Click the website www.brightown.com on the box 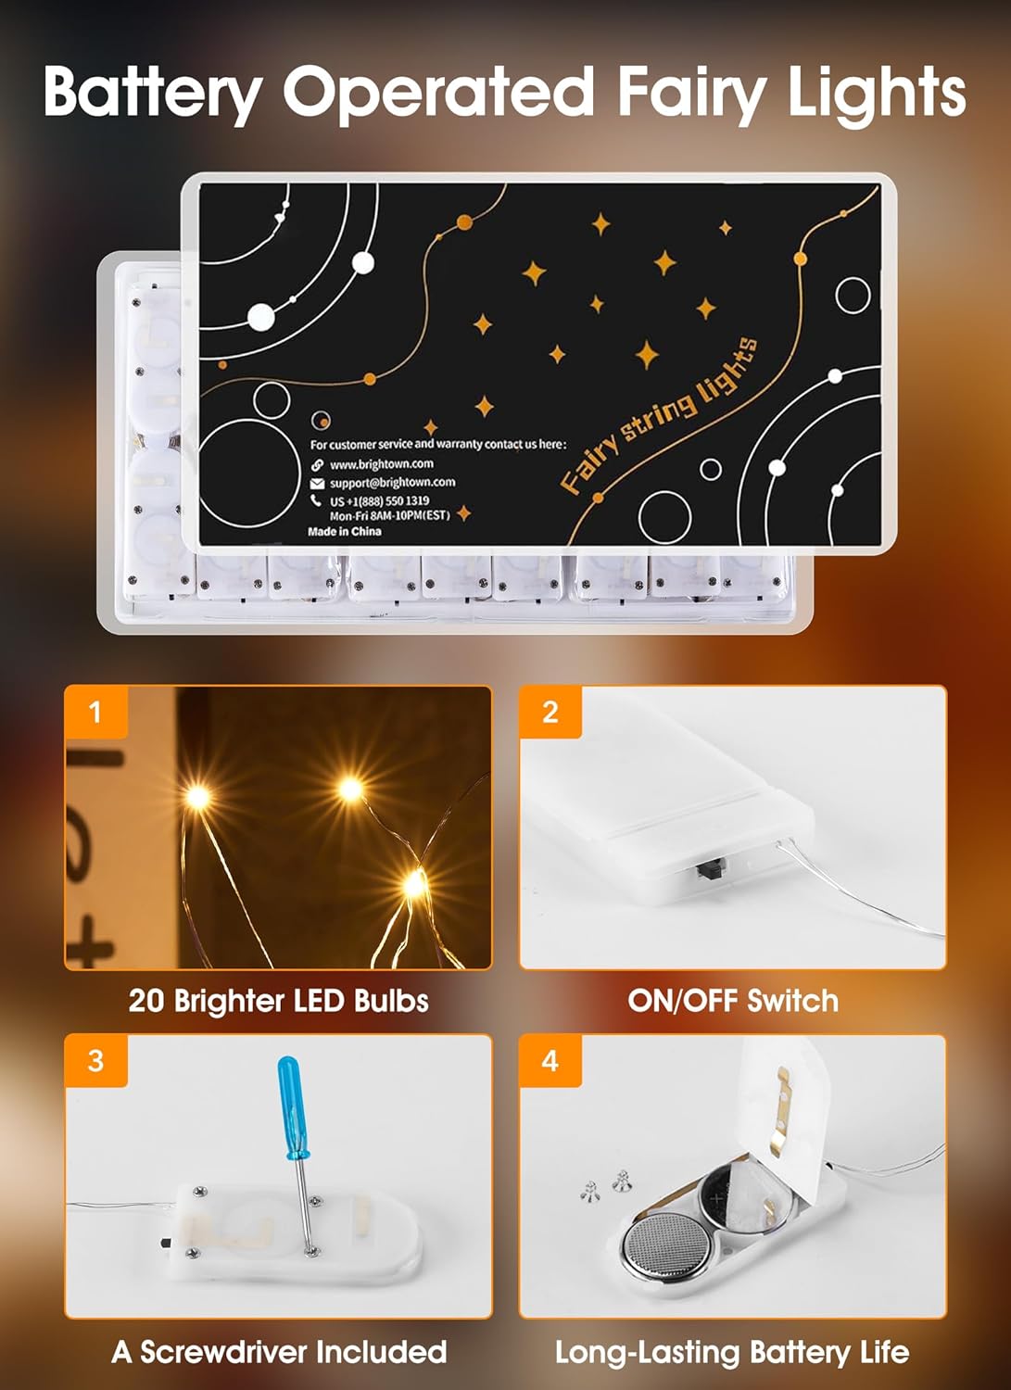click(381, 464)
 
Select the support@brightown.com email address click(392, 483)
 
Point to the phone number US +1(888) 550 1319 click(379, 500)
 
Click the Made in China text click(344, 532)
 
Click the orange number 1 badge click(95, 712)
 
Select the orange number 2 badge click(550, 712)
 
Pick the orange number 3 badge click(95, 1061)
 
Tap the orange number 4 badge click(550, 1061)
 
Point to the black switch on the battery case click(711, 871)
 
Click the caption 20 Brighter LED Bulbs click(278, 1001)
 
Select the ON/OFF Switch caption click(732, 1001)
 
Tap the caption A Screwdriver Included click(279, 1352)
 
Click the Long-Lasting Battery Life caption click(732, 1352)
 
